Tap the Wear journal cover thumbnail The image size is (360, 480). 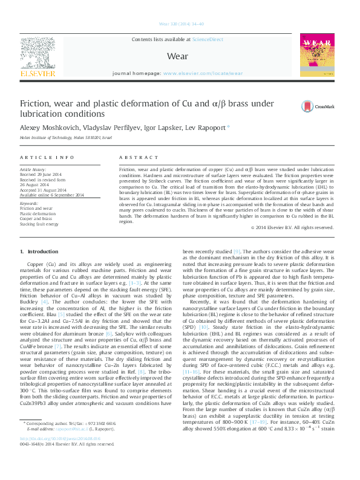pos(316,57)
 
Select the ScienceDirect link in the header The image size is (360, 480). pos(207,39)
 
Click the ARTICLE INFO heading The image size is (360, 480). pos(40,157)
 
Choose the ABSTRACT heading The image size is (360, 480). pos(134,157)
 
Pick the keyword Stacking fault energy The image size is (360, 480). pos(39,224)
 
